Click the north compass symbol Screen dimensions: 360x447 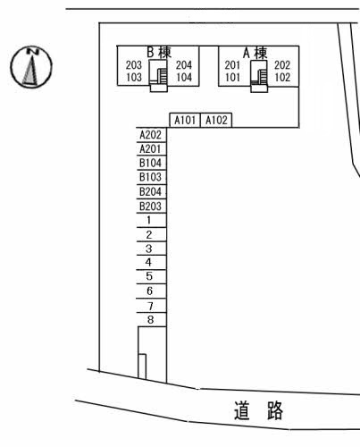(31, 67)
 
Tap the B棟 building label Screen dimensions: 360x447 (159, 53)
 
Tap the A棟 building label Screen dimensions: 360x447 (255, 53)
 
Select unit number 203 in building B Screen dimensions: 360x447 (134, 65)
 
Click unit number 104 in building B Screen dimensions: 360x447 (184, 78)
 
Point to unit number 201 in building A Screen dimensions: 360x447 (232, 65)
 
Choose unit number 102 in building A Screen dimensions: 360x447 (282, 78)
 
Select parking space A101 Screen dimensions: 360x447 (185, 121)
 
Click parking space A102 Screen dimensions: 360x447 (216, 121)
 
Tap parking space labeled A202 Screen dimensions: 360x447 (151, 135)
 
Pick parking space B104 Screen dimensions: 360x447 (151, 163)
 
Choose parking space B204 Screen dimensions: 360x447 (151, 191)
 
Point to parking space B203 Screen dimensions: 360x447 (151, 206)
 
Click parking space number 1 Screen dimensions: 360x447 (151, 220)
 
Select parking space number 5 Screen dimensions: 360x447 (151, 276)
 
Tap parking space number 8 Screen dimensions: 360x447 (151, 320)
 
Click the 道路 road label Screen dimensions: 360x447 (258, 410)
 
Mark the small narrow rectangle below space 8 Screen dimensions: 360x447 (142, 367)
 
